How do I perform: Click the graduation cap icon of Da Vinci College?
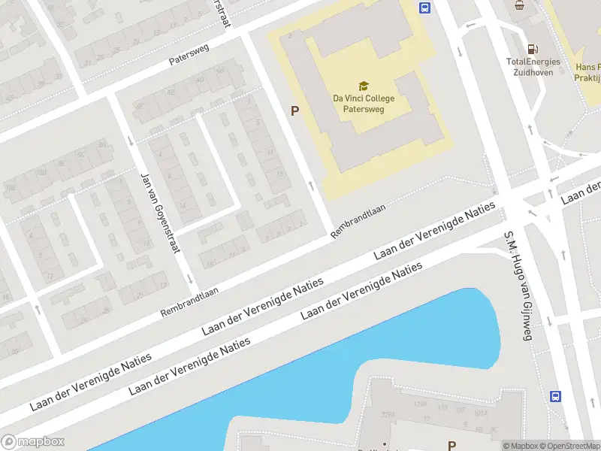(x=363, y=86)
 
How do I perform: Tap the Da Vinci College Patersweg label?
(x=363, y=103)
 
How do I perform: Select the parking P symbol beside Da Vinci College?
(x=295, y=111)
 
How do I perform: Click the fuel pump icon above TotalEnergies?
(x=533, y=47)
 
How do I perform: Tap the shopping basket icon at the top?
(x=518, y=5)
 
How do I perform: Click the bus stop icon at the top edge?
(x=424, y=8)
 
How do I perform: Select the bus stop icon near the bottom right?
(x=556, y=396)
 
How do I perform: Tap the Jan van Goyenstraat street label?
(x=159, y=213)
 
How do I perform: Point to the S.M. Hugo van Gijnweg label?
(x=518, y=286)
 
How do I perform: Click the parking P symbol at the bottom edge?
(x=452, y=446)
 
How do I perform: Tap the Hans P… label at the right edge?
(x=587, y=72)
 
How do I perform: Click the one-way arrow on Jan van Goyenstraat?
(x=130, y=141)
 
